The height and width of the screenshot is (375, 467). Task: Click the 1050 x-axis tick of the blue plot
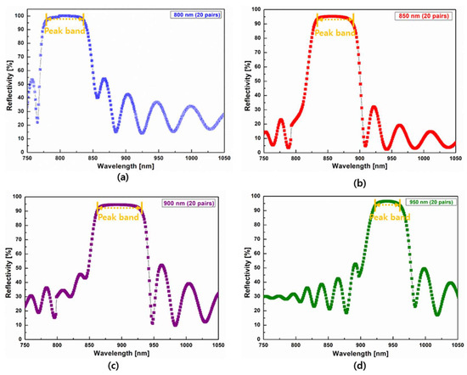222,157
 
